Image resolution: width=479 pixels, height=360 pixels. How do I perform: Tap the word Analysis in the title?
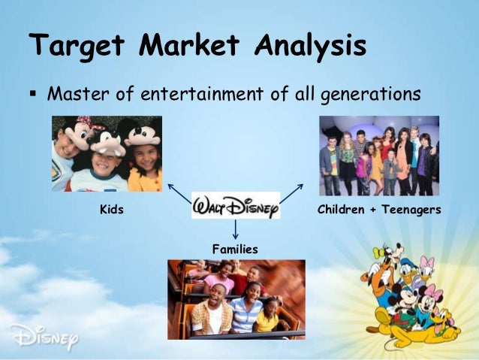pyautogui.click(x=309, y=47)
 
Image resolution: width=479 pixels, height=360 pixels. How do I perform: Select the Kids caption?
pyautogui.click(x=112, y=210)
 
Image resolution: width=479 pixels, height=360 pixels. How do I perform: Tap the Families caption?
pyautogui.click(x=235, y=248)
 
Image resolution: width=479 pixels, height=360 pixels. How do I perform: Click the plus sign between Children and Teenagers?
pyautogui.click(x=372, y=210)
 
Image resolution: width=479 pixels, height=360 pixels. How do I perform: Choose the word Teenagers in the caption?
pyautogui.click(x=411, y=210)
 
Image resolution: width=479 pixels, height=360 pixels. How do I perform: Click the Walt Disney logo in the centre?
pyautogui.click(x=236, y=205)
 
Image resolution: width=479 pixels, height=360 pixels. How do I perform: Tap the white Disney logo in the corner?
pyautogui.click(x=44, y=336)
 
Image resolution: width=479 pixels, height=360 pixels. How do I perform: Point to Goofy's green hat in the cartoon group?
pyautogui.click(x=384, y=259)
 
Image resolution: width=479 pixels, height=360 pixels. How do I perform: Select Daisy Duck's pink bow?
pyautogui.click(x=427, y=263)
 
